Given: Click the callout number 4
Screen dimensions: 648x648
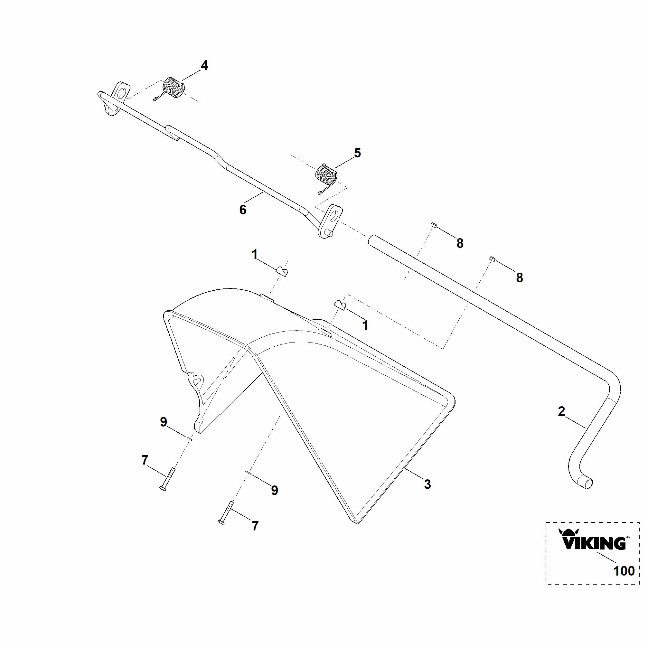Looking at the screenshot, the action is point(204,65).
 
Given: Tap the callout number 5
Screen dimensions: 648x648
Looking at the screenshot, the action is point(358,153).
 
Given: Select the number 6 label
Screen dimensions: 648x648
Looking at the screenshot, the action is point(243,210).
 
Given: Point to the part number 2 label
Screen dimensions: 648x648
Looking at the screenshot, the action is point(561,411).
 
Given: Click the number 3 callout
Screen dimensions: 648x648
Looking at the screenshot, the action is point(427,484).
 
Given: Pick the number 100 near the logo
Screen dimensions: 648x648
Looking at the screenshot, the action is point(624,571).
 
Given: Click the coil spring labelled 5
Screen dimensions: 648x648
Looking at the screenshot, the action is point(326,177).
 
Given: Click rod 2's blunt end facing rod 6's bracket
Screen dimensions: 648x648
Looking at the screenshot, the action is point(371,240).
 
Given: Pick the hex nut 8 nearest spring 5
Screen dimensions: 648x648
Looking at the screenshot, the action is point(433,225).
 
